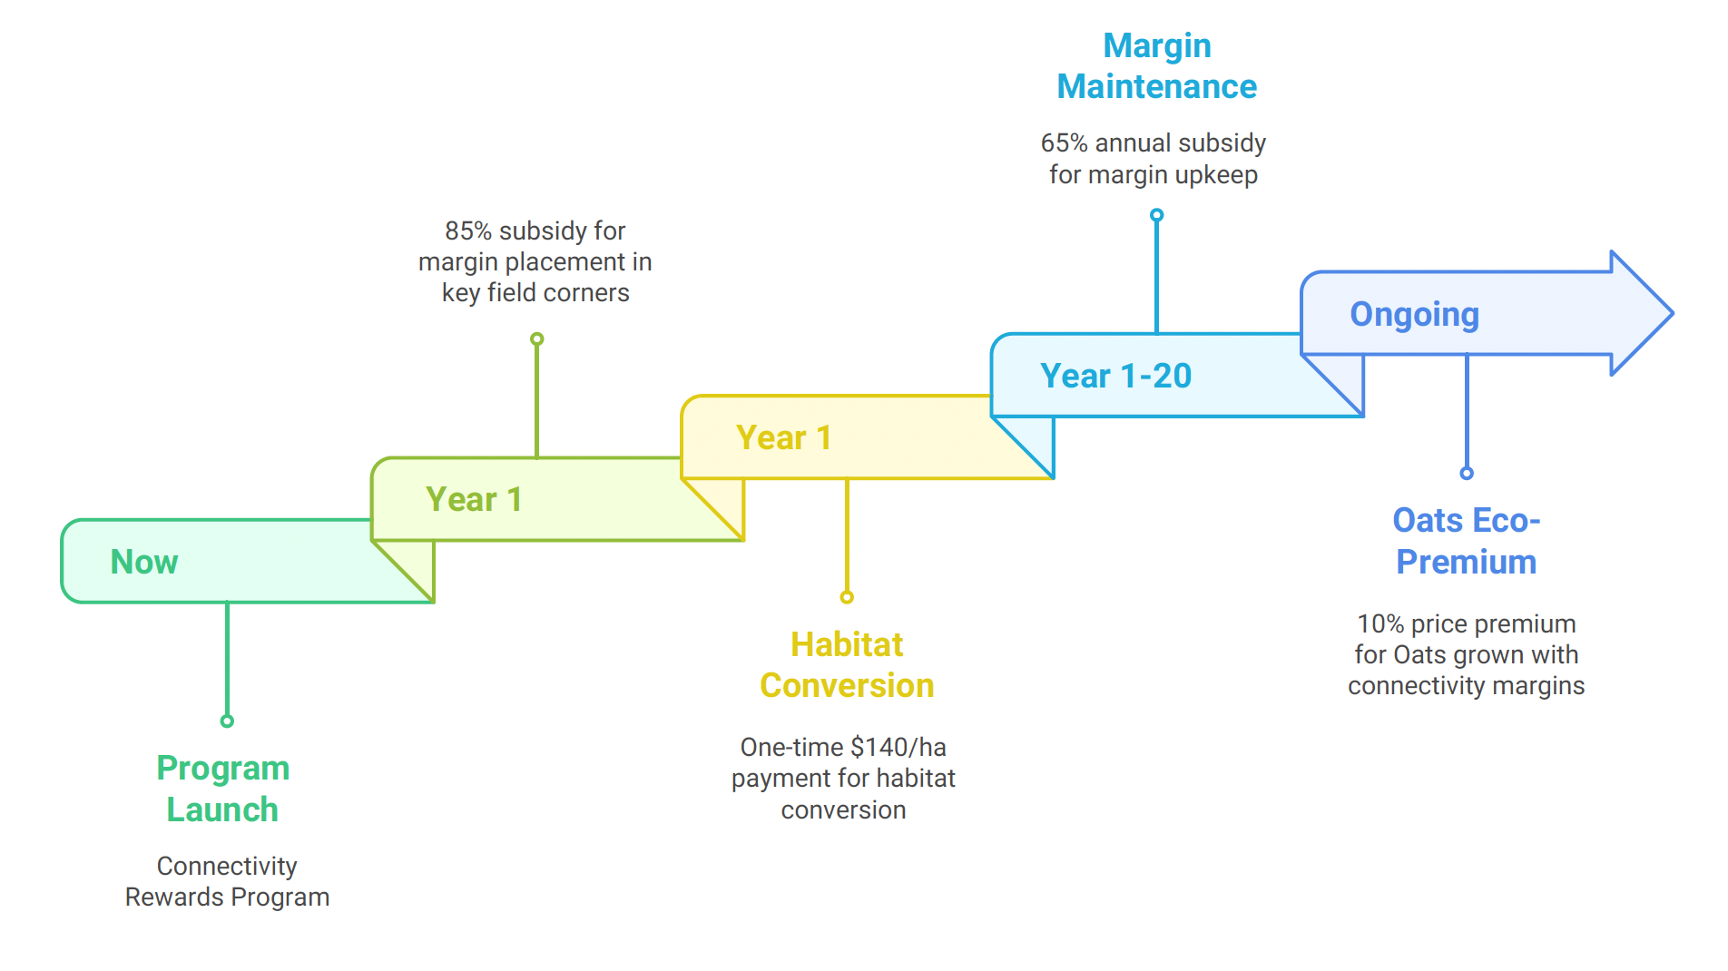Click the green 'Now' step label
(144, 562)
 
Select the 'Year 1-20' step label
(1115, 376)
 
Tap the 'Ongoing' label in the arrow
(1414, 315)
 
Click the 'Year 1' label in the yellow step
(783, 437)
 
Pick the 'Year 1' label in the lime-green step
(474, 499)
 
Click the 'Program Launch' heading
(223, 789)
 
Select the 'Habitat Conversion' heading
(847, 665)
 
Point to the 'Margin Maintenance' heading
(1157, 66)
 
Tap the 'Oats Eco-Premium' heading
(1467, 541)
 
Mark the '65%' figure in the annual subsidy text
(1064, 142)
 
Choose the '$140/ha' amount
(898, 747)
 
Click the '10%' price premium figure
(1380, 624)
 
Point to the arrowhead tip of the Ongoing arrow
(1672, 313)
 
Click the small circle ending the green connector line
(227, 721)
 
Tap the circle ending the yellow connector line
(847, 597)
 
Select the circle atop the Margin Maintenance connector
(1156, 215)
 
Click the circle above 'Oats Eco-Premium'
(1467, 473)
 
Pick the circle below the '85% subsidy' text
(537, 338)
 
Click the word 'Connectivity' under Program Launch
(227, 866)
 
